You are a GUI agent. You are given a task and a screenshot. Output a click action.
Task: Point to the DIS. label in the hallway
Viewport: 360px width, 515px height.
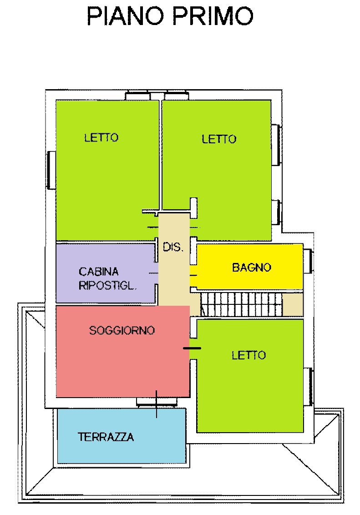(172, 248)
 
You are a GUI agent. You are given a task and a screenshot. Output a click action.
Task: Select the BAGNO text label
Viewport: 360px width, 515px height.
(252, 268)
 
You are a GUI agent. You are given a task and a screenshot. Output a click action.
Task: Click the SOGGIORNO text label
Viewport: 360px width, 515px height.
(122, 330)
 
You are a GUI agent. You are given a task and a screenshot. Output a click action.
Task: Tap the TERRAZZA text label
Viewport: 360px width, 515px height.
(106, 437)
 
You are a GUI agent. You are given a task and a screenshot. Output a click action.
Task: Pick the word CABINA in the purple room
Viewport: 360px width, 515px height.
(99, 272)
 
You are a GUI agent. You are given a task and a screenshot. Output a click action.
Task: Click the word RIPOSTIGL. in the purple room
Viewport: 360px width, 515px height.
(108, 286)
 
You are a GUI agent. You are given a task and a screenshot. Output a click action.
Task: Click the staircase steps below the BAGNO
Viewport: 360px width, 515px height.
(241, 304)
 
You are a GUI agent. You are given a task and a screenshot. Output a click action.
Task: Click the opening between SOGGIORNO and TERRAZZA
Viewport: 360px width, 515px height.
(156, 402)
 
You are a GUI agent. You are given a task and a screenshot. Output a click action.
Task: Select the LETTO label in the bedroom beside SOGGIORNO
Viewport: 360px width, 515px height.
(248, 355)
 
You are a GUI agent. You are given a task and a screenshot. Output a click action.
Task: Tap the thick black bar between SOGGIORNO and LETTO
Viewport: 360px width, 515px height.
(192, 348)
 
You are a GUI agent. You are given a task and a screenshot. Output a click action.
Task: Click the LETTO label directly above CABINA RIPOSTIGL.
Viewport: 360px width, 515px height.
(101, 137)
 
